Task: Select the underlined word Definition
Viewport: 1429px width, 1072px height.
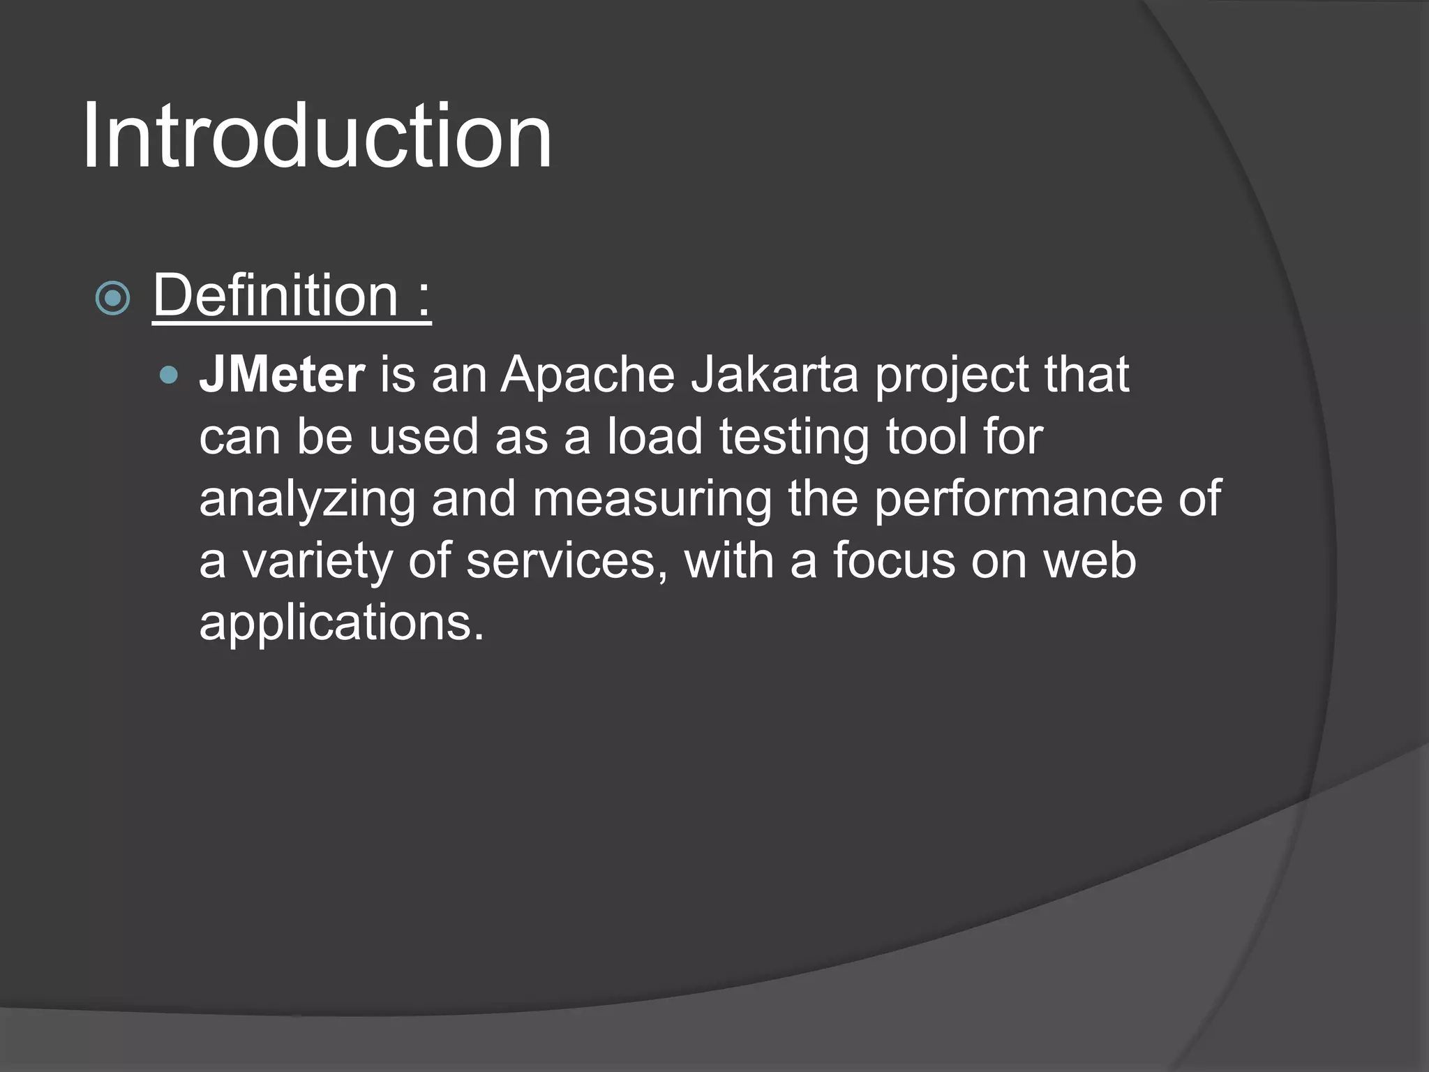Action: [x=275, y=296]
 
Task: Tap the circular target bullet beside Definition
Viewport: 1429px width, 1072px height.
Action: [x=112, y=299]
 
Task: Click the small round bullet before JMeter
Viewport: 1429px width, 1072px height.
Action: [x=169, y=376]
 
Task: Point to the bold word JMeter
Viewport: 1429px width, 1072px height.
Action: [x=282, y=375]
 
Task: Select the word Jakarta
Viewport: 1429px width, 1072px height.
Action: [x=775, y=375]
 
